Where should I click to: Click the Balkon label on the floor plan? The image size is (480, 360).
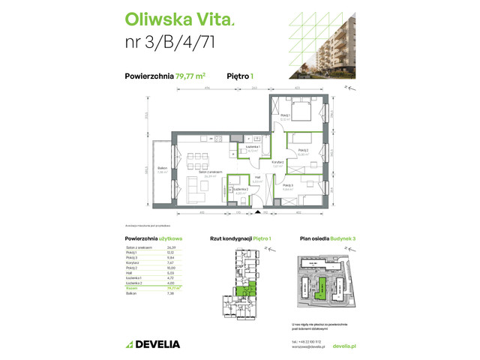coord(161,168)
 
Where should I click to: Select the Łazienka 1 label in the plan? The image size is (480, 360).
coord(253,148)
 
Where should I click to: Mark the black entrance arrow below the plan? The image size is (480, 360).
coord(257,211)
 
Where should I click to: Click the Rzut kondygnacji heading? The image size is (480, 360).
coord(229,238)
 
